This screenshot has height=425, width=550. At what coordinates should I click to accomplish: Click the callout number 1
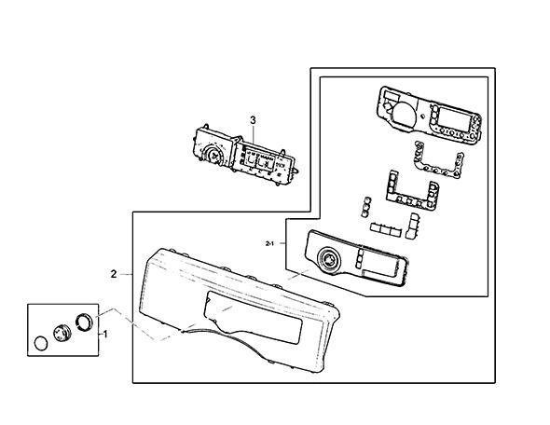105,335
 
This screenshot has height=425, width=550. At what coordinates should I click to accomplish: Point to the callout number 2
114,274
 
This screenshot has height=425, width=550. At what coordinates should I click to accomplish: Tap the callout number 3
253,120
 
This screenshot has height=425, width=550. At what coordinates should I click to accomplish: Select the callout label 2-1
269,243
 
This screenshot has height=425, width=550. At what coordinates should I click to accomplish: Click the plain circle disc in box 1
41,343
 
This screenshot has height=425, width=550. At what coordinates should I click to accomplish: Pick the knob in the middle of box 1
62,333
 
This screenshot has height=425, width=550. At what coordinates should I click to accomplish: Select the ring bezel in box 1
85,322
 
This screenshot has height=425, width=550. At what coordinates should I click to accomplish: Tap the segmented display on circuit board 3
258,161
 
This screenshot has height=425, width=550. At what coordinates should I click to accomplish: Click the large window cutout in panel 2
253,317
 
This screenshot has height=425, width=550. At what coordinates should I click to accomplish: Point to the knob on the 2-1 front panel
329,260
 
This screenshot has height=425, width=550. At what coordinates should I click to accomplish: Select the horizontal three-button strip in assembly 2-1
385,229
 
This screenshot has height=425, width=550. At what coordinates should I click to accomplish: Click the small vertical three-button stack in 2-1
365,206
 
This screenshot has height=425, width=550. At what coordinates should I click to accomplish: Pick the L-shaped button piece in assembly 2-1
412,226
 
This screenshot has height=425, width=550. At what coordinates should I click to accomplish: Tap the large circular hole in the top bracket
404,114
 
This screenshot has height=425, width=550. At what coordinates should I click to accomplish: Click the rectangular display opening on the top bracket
454,119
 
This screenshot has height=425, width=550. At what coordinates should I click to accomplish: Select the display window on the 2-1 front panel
380,263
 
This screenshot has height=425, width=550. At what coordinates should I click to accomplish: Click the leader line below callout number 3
253,134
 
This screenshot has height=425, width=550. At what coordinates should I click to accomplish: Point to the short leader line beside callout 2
126,274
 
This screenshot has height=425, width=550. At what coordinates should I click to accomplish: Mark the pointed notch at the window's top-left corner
207,300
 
